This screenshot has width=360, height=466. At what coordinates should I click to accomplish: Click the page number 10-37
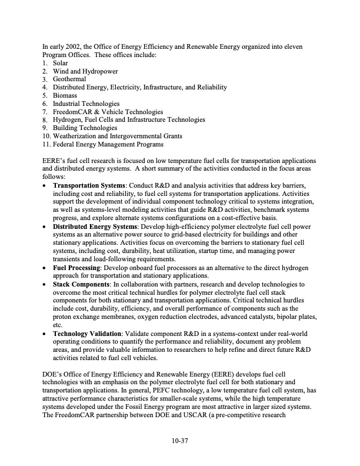[179, 438]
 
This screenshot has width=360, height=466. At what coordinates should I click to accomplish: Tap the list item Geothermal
[69, 79]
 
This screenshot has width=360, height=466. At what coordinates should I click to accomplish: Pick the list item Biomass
[65, 95]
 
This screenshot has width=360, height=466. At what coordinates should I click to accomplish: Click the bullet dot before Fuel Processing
[46, 268]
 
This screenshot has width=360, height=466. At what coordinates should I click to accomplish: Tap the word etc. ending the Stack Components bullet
[58, 325]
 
